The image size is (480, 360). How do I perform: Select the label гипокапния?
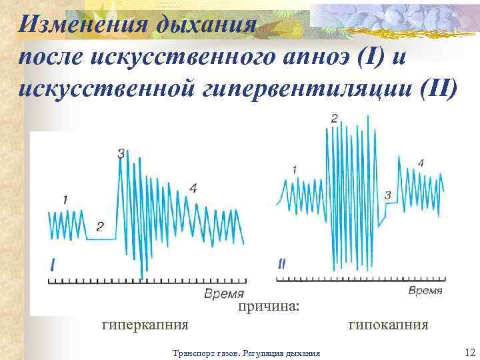388,325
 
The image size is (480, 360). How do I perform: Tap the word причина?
269,307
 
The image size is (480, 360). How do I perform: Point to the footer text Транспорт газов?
206,353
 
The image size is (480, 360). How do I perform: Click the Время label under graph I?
224,294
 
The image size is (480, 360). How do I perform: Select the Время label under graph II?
425,291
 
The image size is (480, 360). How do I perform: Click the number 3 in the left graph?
121,154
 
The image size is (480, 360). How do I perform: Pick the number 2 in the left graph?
100,227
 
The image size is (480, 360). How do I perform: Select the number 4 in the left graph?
193,189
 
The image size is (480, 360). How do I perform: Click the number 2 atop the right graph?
334,119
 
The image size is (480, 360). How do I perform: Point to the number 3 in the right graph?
388,195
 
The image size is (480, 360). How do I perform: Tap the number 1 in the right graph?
295,171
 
